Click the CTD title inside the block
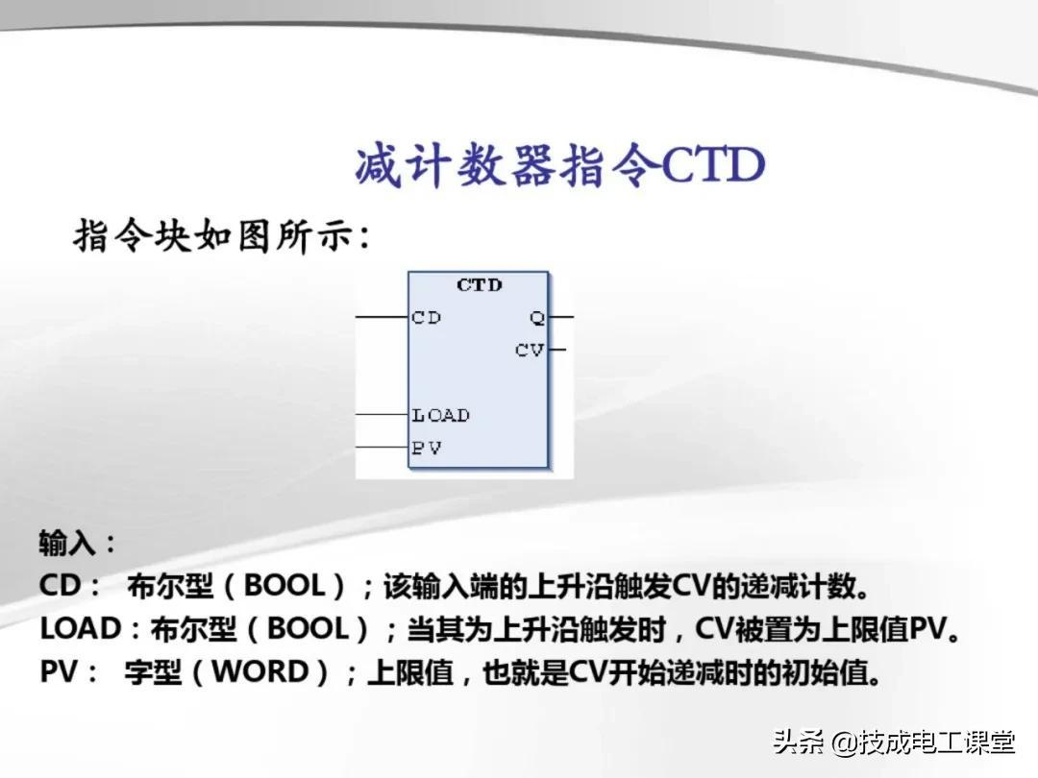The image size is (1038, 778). (480, 285)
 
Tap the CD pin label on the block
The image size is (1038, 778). (426, 318)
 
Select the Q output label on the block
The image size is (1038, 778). (537, 318)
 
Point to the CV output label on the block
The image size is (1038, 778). (530, 350)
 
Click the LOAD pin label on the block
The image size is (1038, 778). (440, 416)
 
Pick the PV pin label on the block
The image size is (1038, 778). (426, 448)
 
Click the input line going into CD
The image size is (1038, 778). (382, 317)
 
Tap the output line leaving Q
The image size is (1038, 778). (560, 317)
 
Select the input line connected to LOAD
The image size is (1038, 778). (382, 415)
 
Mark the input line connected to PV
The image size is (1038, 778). (382, 448)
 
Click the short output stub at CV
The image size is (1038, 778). (556, 350)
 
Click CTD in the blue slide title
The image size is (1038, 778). (713, 164)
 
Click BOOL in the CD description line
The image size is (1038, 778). (284, 586)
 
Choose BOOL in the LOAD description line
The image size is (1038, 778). (308, 628)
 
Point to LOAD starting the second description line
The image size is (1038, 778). (80, 628)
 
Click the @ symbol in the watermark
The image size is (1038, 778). (844, 742)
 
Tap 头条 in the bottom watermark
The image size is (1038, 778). (799, 742)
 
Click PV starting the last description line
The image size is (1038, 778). (60, 671)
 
